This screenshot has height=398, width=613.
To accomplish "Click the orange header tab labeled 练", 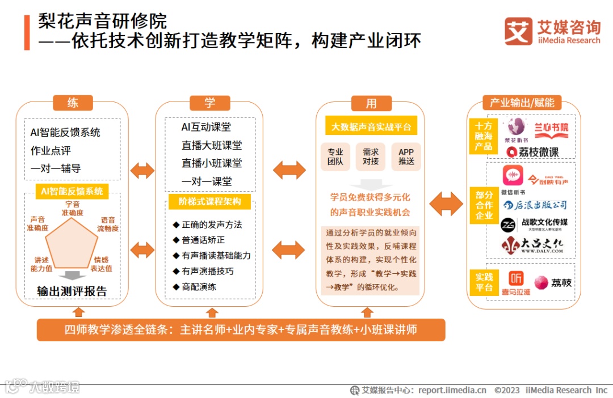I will point(73,103).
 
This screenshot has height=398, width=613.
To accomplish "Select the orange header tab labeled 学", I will point(210,103).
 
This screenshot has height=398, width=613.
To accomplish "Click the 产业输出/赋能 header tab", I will point(522,103).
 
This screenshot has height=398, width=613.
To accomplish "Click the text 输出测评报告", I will point(72,291).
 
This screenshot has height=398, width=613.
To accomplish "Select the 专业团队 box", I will point(335,156).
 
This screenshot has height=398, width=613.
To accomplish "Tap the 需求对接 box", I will point(371,156).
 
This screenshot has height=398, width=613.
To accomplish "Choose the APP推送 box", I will point(406,156).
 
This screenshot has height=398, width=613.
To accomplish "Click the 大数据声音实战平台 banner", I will point(371,127).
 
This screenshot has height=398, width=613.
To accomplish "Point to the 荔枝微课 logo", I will point(532,152).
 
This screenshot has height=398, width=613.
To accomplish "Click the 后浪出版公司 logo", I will point(534,205).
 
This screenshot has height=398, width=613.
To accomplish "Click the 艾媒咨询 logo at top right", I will point(552,31).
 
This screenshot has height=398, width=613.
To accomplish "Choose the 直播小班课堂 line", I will point(211,163).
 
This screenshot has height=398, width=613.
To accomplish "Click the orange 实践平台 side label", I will point(484,282).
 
